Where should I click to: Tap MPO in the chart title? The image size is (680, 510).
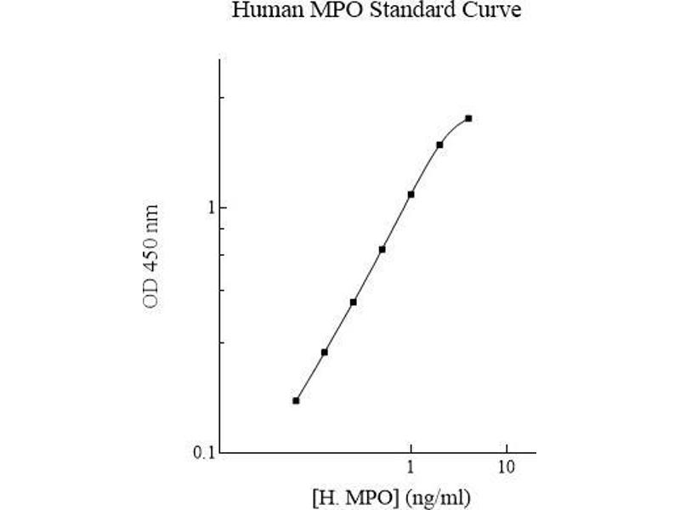[320, 12]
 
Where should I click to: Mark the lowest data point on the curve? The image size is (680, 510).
[296, 400]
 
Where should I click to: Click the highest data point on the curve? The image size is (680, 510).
[468, 118]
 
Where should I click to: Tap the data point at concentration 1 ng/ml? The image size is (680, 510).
[411, 195]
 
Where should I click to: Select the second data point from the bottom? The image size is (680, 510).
[325, 352]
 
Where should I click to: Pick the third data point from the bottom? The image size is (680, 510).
[353, 302]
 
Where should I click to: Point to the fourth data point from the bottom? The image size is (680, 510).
[382, 249]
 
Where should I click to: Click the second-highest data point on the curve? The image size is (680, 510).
[439, 144]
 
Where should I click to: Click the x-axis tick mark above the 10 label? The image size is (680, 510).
[507, 448]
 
